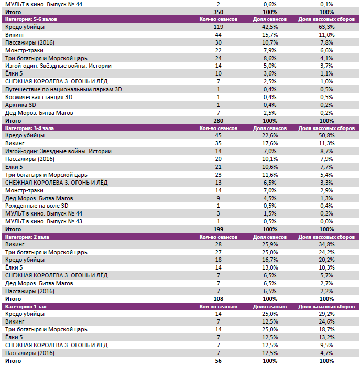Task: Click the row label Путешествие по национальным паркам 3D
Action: tap(63, 89)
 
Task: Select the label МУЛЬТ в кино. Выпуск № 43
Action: tap(43, 221)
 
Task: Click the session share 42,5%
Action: tap(270, 27)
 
